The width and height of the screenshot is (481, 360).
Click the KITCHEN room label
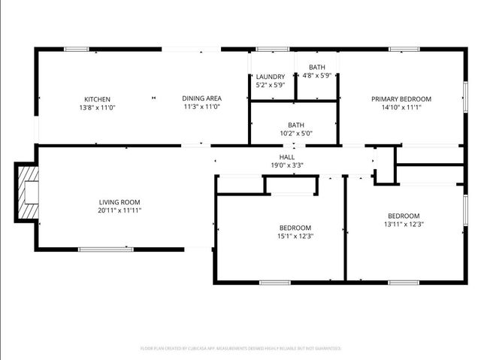click(x=97, y=99)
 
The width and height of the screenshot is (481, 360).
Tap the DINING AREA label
click(x=201, y=98)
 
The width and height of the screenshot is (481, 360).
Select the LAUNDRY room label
click(x=270, y=77)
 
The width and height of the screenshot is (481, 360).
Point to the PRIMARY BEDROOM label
click(x=401, y=99)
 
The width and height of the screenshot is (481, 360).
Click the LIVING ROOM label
click(x=119, y=202)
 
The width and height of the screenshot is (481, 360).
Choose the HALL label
click(x=286, y=157)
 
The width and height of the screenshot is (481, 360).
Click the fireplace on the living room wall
click(x=28, y=192)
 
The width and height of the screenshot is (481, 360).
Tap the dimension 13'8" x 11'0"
click(x=97, y=107)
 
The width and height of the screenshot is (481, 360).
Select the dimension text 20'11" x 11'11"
click(x=119, y=210)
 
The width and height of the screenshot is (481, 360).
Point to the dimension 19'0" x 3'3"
click(x=286, y=165)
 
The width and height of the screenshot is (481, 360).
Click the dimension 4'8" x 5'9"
click(x=317, y=76)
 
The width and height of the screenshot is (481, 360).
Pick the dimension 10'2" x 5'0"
click(x=296, y=134)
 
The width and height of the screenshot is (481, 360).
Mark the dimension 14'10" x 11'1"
click(x=401, y=107)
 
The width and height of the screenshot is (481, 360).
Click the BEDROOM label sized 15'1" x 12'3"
click(x=295, y=228)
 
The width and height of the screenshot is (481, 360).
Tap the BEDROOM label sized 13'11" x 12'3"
click(x=404, y=216)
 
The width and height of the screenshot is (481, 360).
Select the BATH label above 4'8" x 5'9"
click(x=317, y=68)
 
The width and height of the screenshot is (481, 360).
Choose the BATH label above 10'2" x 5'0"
click(x=296, y=126)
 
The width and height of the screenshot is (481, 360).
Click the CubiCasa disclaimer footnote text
click(x=240, y=349)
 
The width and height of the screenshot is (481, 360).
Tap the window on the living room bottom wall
click(x=106, y=249)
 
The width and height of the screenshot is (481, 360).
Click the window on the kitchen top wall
click(x=77, y=50)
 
